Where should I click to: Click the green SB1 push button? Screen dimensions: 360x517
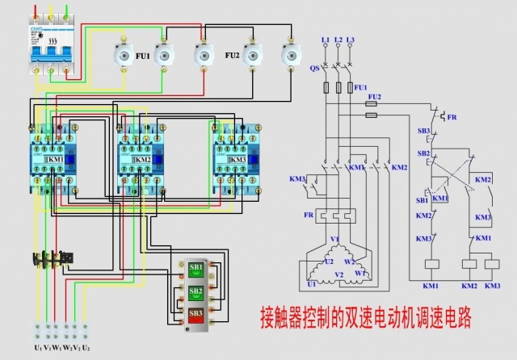click(196, 268)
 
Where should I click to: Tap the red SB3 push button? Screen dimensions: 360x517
click(196, 312)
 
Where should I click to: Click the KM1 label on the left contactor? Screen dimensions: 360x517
click(56, 160)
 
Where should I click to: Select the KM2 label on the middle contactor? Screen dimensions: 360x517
click(144, 160)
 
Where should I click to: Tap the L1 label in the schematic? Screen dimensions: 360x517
click(326, 39)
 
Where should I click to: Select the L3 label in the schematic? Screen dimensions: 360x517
click(351, 39)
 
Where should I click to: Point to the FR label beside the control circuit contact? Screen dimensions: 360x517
click(452, 118)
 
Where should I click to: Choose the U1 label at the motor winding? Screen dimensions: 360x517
click(312, 284)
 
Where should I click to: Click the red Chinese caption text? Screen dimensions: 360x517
click(364, 313)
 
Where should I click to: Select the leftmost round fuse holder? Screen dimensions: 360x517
click(124, 56)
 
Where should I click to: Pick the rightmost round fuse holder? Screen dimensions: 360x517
click(288, 56)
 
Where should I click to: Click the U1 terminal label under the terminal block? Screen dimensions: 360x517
click(37, 347)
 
